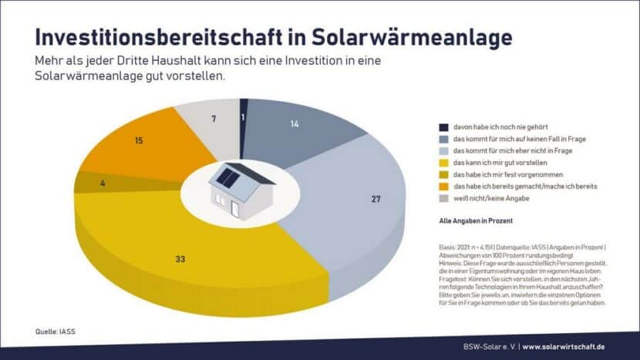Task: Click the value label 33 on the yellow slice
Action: [180, 259]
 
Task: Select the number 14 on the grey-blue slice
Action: [294, 124]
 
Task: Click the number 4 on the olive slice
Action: [102, 183]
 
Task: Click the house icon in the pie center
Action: [240, 191]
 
